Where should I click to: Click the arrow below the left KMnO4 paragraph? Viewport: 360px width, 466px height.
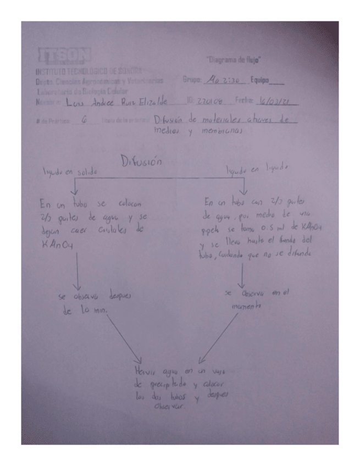coord(77,270)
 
